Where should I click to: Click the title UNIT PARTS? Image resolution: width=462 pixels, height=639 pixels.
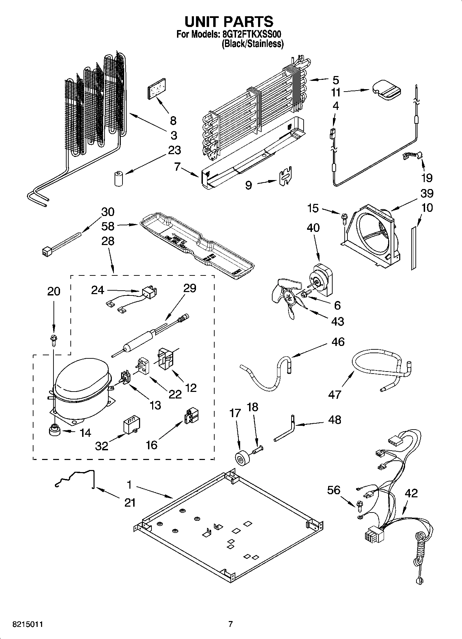[229, 21]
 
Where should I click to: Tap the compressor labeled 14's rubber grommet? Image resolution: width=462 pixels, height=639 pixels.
[55, 431]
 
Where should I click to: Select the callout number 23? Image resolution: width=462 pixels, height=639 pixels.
[174, 150]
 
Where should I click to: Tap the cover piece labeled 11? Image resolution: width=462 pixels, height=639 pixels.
[386, 90]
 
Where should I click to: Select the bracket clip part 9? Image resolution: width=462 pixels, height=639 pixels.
[286, 177]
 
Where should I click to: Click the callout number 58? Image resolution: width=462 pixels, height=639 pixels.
[108, 226]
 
